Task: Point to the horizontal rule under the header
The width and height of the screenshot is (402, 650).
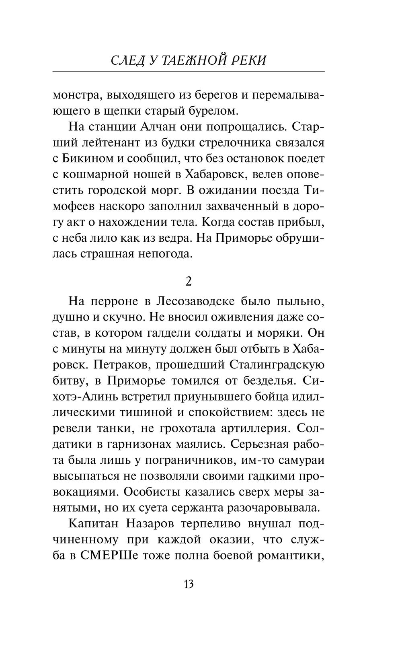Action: coord(189,72)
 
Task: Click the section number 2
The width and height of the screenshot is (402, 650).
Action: coord(189,282)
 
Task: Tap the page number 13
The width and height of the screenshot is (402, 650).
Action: coord(189,584)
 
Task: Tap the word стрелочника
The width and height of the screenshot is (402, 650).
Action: coord(248,143)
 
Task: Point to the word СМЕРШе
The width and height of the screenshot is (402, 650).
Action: coord(109,556)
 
